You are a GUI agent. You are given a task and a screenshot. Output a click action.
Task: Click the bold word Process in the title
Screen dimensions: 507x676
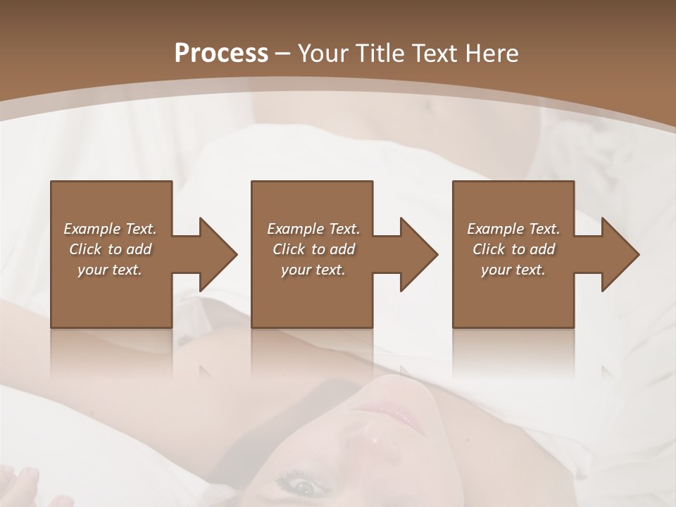[221, 54]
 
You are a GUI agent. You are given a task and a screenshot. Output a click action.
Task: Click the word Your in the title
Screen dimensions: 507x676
[323, 54]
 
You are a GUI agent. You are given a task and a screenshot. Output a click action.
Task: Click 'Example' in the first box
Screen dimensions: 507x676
[92, 229]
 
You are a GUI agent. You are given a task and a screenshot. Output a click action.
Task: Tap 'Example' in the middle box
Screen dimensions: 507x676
[296, 229]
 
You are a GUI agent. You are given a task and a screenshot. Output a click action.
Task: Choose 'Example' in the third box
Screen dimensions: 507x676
[496, 229]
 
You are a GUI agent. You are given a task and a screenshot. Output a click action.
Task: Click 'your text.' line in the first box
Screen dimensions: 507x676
[110, 270]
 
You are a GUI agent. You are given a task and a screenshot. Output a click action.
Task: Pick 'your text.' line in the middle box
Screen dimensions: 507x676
[313, 270]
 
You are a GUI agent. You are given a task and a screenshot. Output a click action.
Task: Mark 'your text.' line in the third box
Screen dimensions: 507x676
[513, 270]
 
